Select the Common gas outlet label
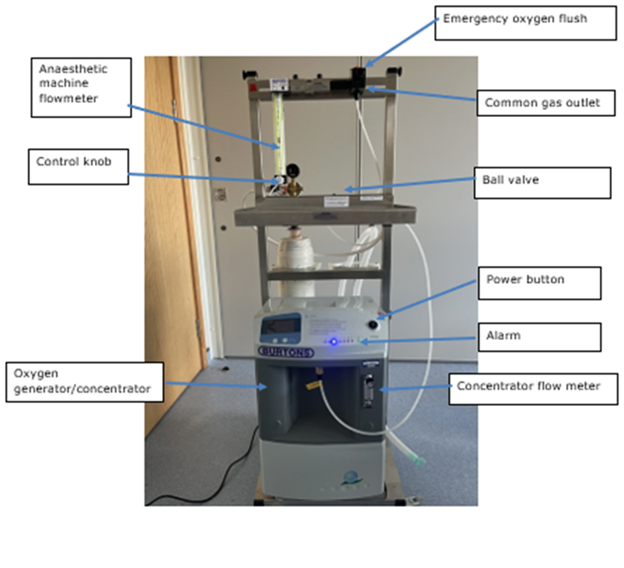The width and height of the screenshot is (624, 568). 542,103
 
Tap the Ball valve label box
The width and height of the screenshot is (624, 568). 542,182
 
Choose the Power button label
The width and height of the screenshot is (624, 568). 539,283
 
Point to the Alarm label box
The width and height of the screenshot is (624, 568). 539,337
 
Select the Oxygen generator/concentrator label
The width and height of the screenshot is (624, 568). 84,382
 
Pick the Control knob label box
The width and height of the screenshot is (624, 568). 78,166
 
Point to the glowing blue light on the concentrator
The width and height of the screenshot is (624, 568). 334,341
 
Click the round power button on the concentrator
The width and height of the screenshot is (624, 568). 374,325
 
